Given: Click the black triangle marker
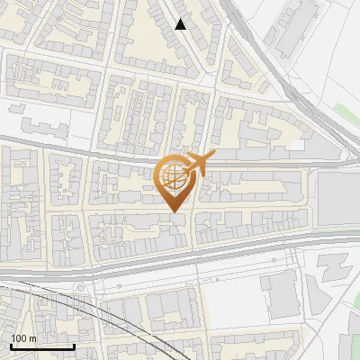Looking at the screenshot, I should [181, 24].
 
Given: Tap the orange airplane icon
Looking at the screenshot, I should [198, 164].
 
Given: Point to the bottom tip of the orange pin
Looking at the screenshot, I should [172, 211].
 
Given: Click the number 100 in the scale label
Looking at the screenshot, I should [19, 338].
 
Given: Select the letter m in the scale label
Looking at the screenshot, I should [32, 338].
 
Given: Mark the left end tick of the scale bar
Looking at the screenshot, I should [11, 346].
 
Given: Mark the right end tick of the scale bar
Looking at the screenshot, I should [74, 346].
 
